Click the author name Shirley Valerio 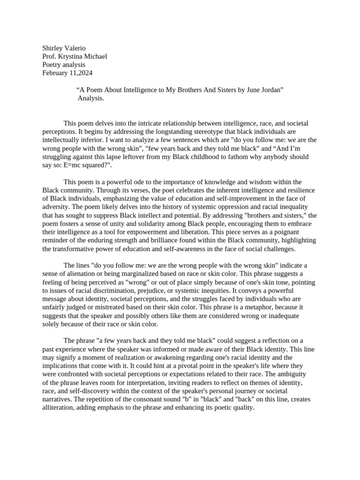point(64,48)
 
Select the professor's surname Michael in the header point(95,56)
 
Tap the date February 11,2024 point(67,73)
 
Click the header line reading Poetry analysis point(64,65)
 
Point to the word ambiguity point(290,374)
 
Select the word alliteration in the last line point(60,408)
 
